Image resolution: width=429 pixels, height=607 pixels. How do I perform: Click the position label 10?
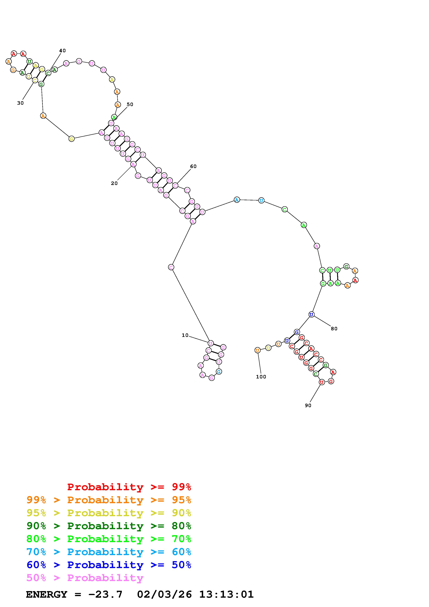pyautogui.click(x=185, y=335)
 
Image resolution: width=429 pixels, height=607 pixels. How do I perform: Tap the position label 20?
pyautogui.click(x=114, y=183)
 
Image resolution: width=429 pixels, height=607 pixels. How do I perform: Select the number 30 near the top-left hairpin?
pyautogui.click(x=20, y=103)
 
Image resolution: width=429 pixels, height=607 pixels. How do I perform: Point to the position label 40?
pyautogui.click(x=62, y=51)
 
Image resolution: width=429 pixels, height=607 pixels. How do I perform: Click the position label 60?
pyautogui.click(x=193, y=166)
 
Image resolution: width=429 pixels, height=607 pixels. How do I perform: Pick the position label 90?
pyautogui.click(x=308, y=406)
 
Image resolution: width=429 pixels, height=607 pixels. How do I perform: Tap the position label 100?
pyautogui.click(x=261, y=377)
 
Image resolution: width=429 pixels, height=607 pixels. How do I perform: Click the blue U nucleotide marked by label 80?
pyautogui.click(x=311, y=315)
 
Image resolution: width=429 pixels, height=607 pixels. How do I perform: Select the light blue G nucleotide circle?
pyautogui.click(x=219, y=372)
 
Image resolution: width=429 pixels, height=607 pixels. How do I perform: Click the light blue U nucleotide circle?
pyautogui.click(x=261, y=200)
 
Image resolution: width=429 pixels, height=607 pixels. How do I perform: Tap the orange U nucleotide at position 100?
pyautogui.click(x=257, y=350)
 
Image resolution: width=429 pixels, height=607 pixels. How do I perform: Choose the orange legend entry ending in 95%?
pyautogui.click(x=109, y=500)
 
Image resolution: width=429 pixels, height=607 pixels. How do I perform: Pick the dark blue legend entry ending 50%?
pyautogui.click(x=109, y=565)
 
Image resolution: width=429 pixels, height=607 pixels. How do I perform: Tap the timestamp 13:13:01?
pyautogui.click(x=226, y=595)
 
